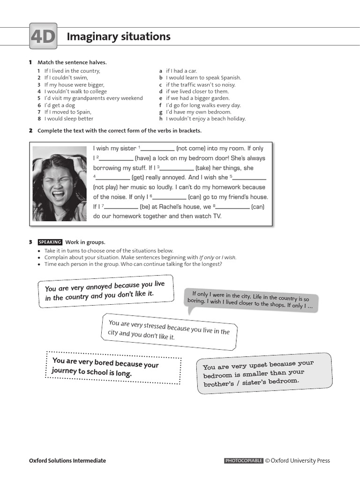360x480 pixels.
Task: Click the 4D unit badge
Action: pos(43,36)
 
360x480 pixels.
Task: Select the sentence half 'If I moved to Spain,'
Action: pos(67,112)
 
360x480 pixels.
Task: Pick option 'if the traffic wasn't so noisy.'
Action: pos(200,85)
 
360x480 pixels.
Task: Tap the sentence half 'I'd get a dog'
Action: pos(60,105)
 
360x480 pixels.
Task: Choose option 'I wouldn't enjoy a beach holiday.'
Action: pos(205,119)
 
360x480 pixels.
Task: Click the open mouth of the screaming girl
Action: pos(60,194)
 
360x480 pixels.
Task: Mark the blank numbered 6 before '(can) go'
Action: pos(170,197)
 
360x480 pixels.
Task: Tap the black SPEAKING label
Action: pos(50,242)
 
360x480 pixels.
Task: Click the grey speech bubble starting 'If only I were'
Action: pos(252,301)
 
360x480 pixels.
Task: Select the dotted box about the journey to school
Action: pos(113,367)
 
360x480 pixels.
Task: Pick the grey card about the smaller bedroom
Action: pos(264,373)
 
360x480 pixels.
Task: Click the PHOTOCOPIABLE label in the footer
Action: pos(244,461)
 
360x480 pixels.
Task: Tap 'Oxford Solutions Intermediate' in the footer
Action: pos(67,461)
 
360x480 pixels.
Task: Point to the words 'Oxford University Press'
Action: pos(300,461)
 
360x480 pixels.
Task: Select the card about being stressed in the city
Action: pos(169,330)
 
